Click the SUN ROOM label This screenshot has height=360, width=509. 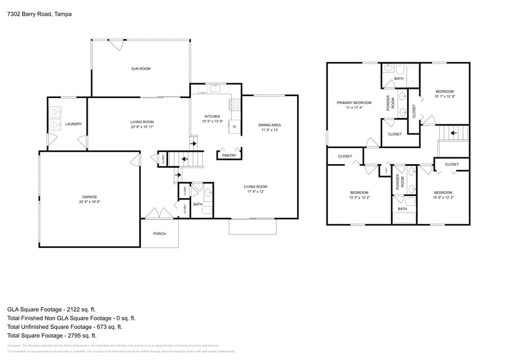[x=140, y=69]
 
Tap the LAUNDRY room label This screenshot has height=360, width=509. [x=74, y=124]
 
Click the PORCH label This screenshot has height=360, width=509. [x=159, y=233]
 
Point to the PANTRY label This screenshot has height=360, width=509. [x=228, y=156]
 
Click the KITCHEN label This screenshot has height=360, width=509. [x=212, y=116]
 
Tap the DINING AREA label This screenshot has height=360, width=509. [x=270, y=125]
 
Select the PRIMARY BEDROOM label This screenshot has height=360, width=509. [x=354, y=102]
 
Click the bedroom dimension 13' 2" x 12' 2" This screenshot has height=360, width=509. [x=359, y=197]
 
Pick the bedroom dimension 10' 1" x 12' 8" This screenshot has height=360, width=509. [x=444, y=96]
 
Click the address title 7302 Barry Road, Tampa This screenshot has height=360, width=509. [x=36, y=13]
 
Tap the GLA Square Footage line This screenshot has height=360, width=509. [x=51, y=310]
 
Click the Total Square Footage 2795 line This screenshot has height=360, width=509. [x=51, y=336]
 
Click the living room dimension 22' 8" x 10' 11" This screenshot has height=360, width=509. [x=141, y=127]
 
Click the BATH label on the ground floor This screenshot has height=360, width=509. [x=198, y=204]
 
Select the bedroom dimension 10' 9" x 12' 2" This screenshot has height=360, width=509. [x=443, y=197]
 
